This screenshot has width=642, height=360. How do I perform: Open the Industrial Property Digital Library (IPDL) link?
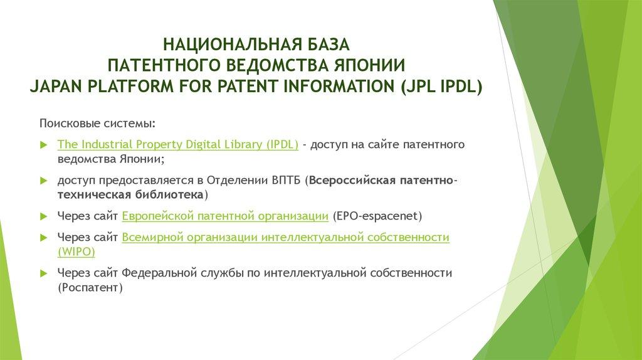178,144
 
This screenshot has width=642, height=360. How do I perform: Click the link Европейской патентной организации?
225,216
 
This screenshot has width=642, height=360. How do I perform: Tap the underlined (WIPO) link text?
76,252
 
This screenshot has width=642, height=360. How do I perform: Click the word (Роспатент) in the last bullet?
90,288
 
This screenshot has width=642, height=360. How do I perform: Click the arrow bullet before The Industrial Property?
43,145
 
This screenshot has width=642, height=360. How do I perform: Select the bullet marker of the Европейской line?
43,217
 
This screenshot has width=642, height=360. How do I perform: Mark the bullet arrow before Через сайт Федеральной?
43,274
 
